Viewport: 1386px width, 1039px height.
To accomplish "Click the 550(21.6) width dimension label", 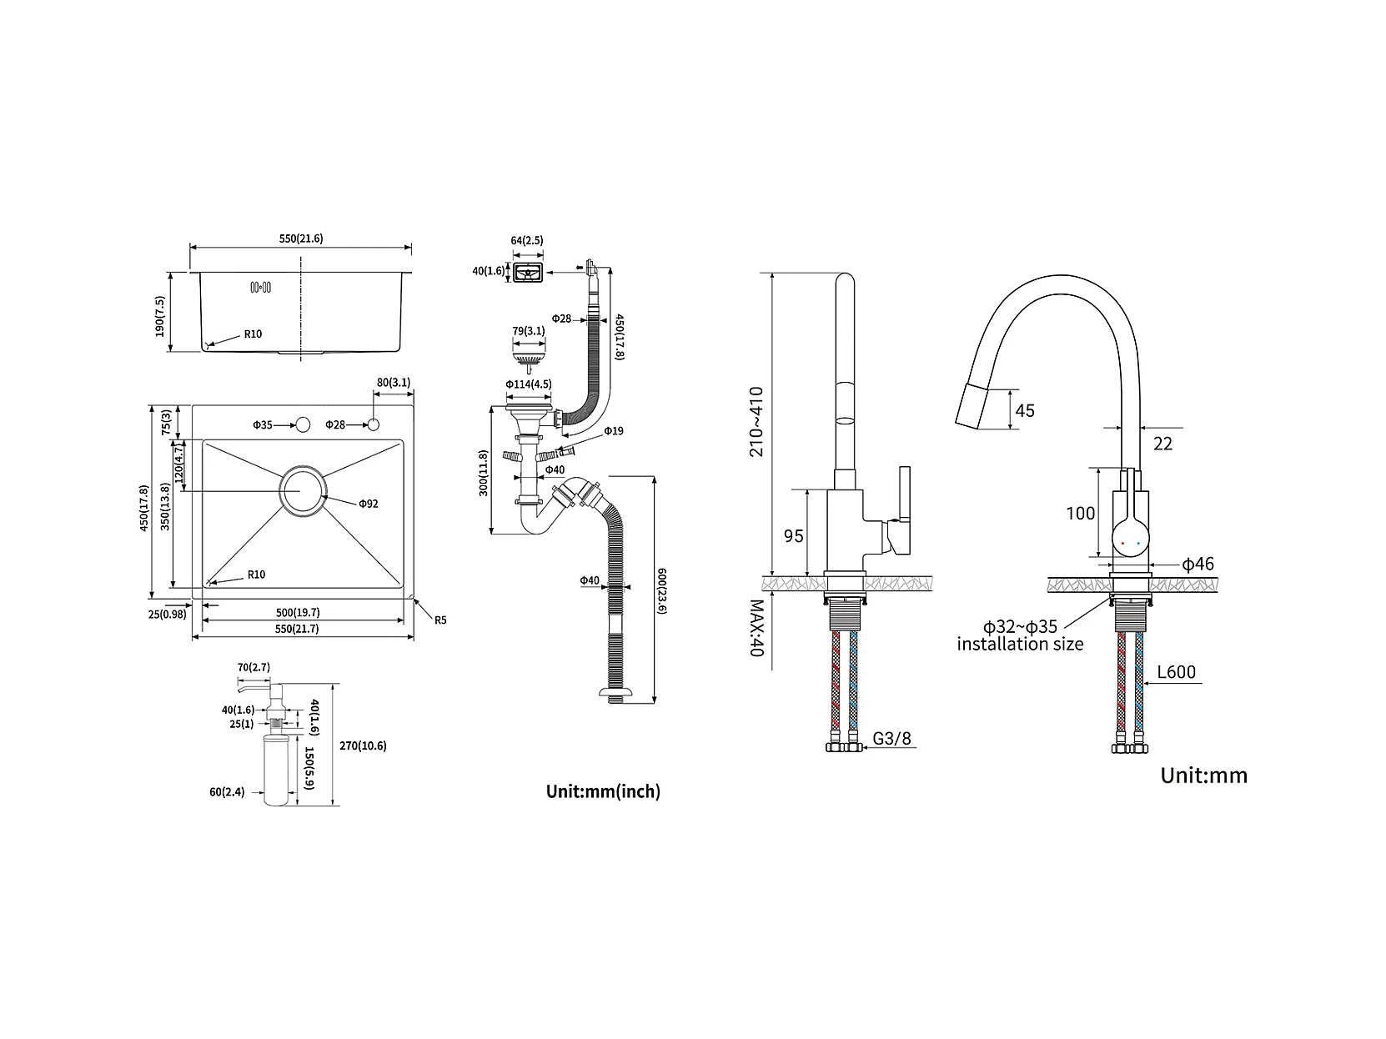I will tap(300, 238).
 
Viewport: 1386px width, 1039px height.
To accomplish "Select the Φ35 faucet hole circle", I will tap(302, 425).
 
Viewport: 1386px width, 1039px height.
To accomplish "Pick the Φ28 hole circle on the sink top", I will tap(373, 425).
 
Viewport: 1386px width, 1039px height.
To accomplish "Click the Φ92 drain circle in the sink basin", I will tap(302, 492).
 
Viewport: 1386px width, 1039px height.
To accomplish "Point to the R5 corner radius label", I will tap(439, 620).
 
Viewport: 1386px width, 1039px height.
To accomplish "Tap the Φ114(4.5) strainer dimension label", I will tap(528, 384).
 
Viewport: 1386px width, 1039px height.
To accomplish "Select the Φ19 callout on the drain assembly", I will tap(613, 431).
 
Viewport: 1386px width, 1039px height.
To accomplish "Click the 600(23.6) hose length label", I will tap(662, 590).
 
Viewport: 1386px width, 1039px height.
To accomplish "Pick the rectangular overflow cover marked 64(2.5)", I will tap(527, 272).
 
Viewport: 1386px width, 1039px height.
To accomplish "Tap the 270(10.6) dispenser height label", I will tap(364, 746).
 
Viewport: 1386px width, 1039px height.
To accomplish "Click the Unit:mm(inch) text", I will tap(602, 791).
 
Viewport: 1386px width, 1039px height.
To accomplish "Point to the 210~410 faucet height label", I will tap(756, 421).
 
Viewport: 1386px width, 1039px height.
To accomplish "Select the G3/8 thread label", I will tap(892, 739).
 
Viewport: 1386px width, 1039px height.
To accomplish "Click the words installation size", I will tap(1020, 644).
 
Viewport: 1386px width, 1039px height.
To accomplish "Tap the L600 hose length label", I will tap(1176, 672).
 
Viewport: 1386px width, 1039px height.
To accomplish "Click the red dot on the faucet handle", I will tap(1123, 544).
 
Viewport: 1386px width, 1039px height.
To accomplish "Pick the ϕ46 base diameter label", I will tap(1198, 565).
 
